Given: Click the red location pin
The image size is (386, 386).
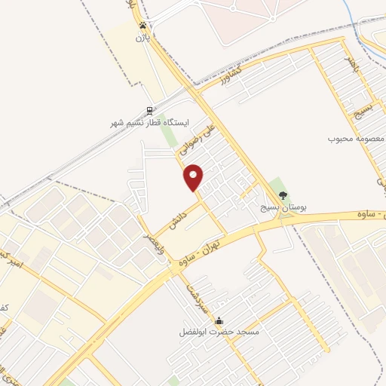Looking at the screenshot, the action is tap(194, 176).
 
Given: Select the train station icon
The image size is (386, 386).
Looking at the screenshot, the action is tap(149, 110).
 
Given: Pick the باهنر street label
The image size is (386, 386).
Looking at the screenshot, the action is tap(348, 58).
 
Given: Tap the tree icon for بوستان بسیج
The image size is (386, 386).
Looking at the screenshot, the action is tap(283, 195).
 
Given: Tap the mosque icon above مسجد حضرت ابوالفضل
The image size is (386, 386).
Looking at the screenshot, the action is tap(219, 320).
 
